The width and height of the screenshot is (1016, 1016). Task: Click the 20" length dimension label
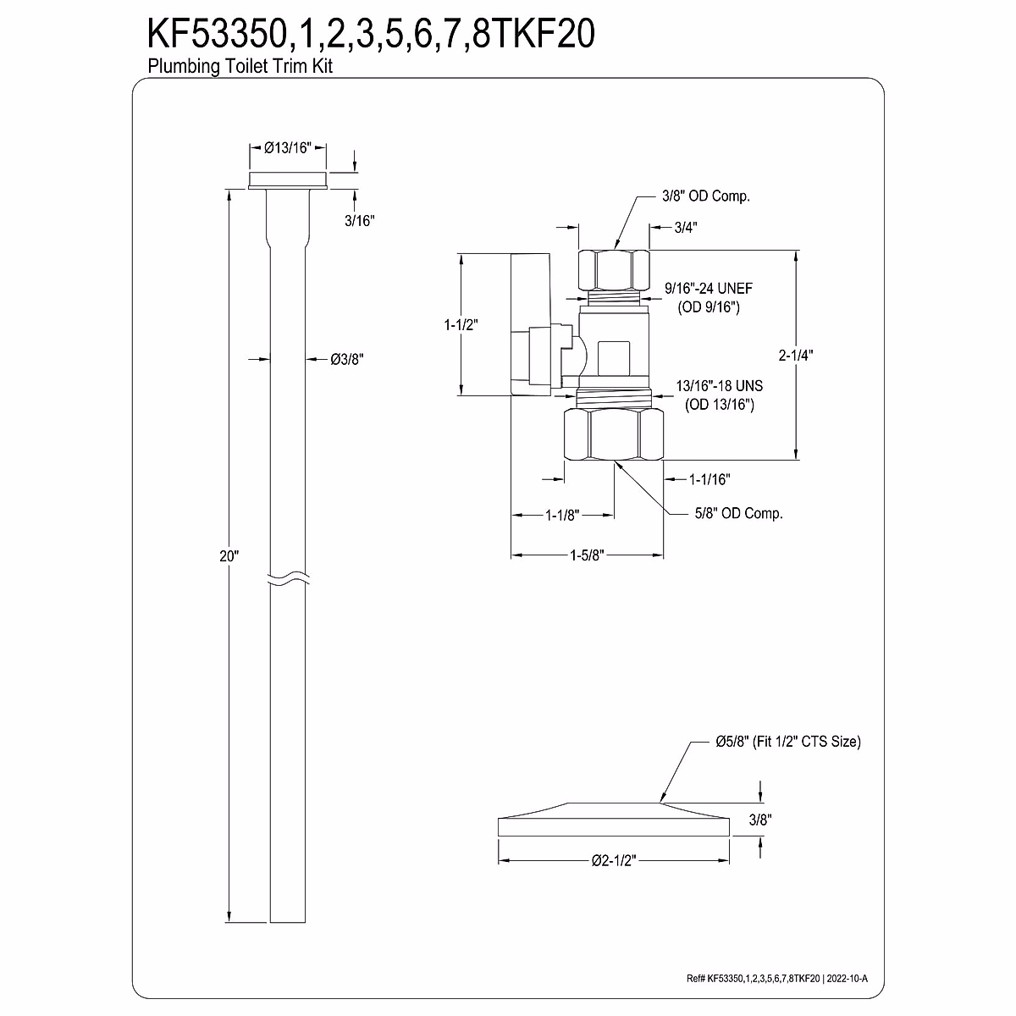229,556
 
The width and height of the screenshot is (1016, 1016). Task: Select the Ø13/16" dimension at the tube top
288,147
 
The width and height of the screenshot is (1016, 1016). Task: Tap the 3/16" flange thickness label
359,220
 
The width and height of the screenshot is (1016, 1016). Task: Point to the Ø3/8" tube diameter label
346,359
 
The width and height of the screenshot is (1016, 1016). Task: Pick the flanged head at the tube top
288,180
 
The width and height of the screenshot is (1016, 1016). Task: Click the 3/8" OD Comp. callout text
706,196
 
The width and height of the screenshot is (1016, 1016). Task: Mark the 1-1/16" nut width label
709,479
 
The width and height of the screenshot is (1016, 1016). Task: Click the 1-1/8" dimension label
561,514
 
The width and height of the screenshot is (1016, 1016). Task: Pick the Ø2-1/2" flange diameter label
613,860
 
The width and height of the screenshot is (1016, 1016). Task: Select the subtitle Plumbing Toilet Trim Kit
240,67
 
